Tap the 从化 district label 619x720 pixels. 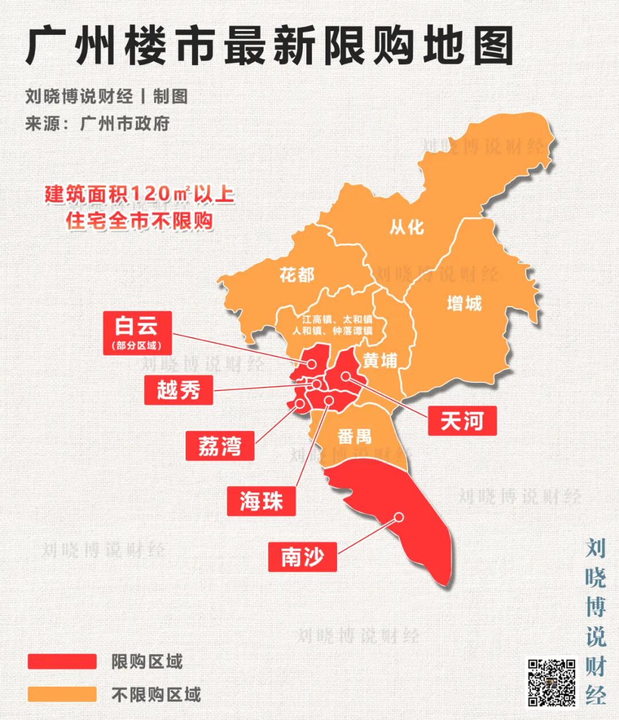406,227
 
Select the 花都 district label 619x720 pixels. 297,275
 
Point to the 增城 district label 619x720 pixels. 464,303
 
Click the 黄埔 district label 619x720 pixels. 379,361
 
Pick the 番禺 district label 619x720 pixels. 354,436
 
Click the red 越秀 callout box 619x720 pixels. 178,390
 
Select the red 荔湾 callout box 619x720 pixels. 220,445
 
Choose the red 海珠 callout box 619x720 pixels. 261,501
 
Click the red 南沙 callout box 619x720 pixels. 302,556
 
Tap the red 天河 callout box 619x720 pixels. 462,421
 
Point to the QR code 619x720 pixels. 551,682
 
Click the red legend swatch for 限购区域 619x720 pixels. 62,662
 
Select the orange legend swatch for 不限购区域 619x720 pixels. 62,694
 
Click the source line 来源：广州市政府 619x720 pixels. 97,124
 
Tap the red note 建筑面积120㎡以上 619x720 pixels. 140,194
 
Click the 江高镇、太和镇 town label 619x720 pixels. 332,319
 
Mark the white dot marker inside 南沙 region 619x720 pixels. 399,516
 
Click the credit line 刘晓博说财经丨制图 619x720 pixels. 107,96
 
